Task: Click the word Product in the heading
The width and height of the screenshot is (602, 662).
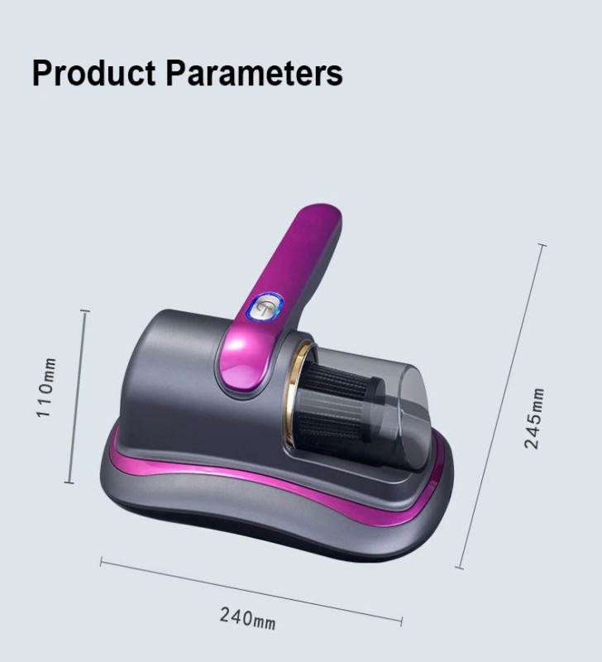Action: tap(93, 73)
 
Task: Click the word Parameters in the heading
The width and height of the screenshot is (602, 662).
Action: tap(254, 73)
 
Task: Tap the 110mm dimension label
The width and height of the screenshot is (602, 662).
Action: tap(45, 387)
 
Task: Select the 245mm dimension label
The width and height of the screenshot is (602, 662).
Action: tap(534, 418)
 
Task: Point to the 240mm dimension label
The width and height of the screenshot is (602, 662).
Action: tap(247, 618)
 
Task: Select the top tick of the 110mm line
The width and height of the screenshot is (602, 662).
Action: tap(85, 311)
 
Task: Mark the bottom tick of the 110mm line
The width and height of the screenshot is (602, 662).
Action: tap(69, 482)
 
